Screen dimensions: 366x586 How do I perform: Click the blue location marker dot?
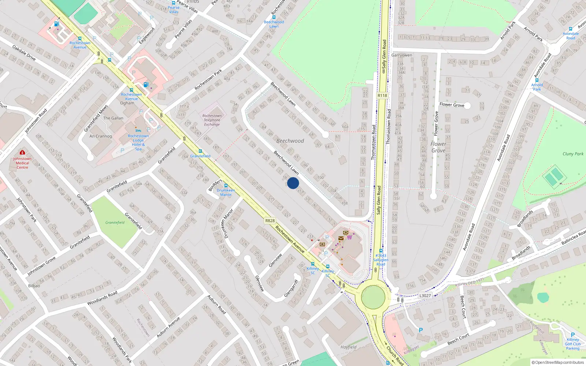coord(293,183)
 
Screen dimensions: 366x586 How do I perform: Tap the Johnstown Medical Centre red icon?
coord(22,152)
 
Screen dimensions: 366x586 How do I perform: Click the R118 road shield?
coord(382,96)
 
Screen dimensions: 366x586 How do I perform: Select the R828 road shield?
coord(270,221)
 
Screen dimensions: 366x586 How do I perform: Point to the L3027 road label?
coord(425,295)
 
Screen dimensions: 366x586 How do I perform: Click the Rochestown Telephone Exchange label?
coord(212,120)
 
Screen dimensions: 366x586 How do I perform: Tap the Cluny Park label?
coord(573,154)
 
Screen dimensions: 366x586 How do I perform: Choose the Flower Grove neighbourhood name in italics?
coord(438,147)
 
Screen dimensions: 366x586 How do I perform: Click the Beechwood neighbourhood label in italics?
coord(290,141)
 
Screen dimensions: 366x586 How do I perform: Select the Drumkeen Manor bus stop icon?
coord(226,186)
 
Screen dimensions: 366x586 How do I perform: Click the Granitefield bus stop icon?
coord(200,151)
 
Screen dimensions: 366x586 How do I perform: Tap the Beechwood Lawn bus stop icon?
coord(274,17)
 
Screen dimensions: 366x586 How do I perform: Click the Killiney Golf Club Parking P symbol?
coord(573,335)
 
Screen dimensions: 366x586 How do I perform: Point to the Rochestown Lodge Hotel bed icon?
coord(138,131)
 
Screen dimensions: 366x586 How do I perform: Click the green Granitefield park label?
coord(115,223)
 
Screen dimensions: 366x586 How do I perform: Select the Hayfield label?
coord(348,347)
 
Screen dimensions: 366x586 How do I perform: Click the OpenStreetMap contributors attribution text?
coord(557,362)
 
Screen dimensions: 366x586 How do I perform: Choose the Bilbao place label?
coord(34,285)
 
